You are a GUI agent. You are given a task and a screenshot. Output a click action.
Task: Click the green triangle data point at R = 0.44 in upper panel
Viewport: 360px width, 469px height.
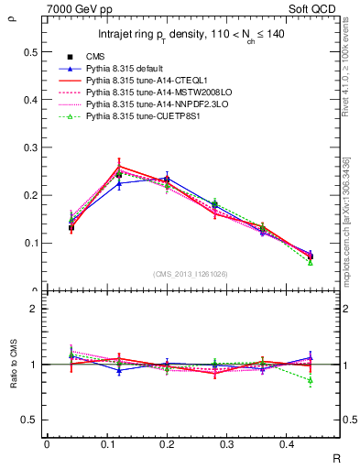pyautogui.click(x=311, y=262)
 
